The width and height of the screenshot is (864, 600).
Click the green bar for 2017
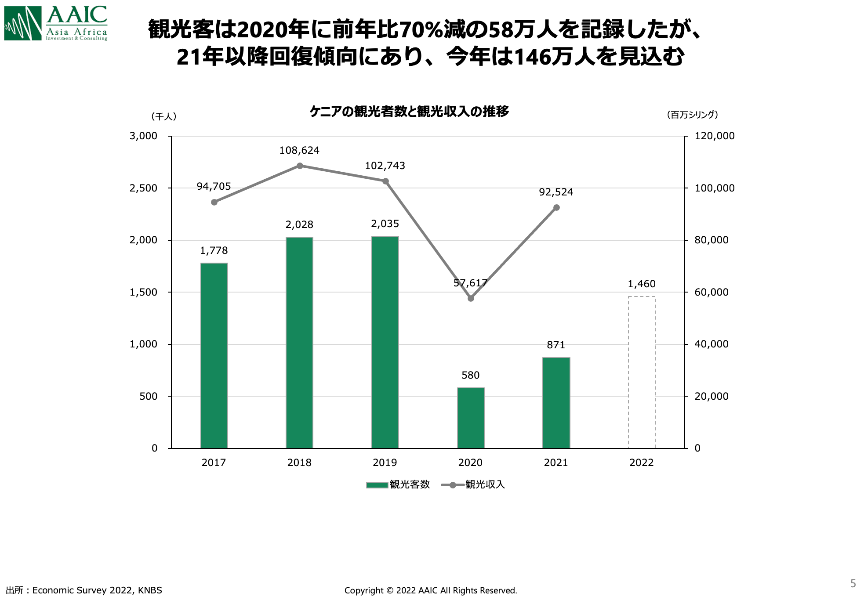tap(214, 355)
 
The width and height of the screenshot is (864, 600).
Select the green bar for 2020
tap(471, 418)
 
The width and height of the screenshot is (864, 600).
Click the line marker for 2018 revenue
tap(300, 166)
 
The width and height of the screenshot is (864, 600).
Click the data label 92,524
tap(556, 192)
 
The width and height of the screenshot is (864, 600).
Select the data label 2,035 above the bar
tap(385, 224)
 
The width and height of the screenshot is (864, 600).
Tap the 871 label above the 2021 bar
tap(556, 345)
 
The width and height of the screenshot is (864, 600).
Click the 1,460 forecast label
tap(642, 284)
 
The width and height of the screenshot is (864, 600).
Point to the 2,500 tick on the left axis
tap(143, 188)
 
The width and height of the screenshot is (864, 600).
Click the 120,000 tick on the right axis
tap(714, 136)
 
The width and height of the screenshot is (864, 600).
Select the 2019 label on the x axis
tap(385, 463)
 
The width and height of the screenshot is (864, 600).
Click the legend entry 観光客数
tap(398, 484)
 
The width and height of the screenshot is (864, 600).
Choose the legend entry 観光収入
tap(473, 484)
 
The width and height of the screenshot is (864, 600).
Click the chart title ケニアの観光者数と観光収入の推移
tap(409, 112)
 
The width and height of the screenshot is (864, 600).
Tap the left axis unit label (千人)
tap(164, 116)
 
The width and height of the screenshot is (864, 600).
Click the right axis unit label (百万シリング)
tap(692, 115)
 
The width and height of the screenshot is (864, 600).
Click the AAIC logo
tap(56, 23)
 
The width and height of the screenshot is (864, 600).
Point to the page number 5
tap(853, 583)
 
